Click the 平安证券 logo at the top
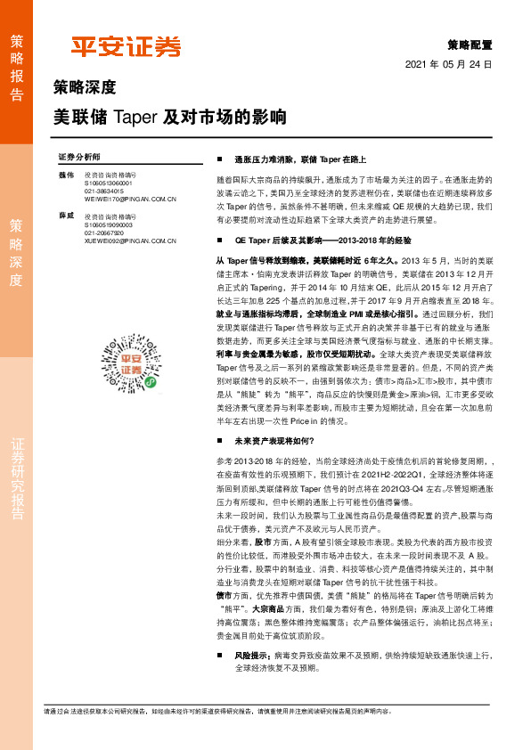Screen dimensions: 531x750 (126, 45)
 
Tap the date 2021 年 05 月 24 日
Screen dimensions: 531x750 (448, 65)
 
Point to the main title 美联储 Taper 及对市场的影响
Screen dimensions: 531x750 (170, 117)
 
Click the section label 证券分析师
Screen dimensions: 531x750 (79, 156)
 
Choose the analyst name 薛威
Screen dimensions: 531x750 (64, 216)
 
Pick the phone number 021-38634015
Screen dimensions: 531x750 (105, 191)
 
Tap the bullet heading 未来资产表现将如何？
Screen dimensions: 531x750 (277, 440)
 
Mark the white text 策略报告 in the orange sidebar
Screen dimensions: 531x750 (16, 61)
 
